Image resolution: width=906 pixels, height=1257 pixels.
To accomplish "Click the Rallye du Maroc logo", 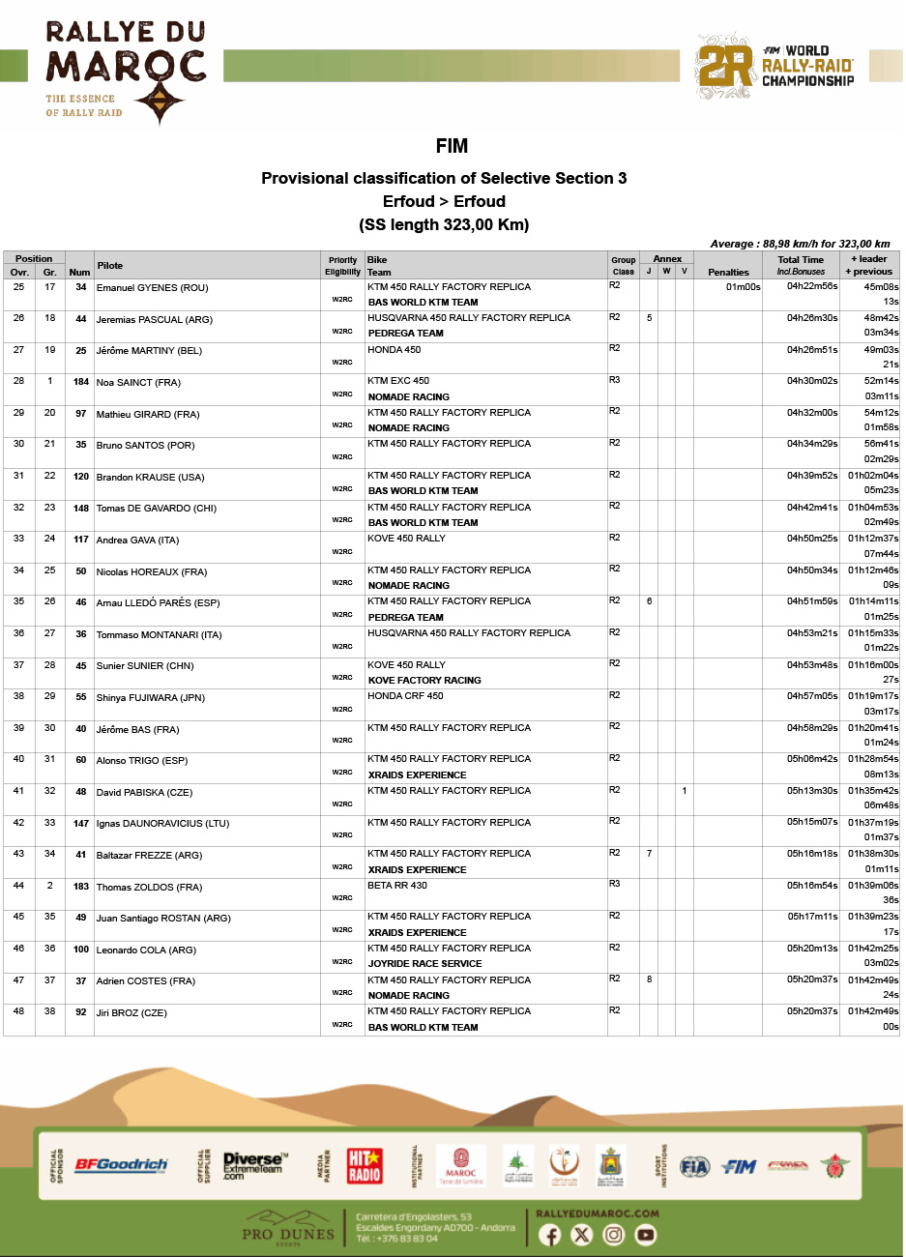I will point(126,73).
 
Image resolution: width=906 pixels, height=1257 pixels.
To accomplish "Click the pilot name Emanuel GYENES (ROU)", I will point(152,288).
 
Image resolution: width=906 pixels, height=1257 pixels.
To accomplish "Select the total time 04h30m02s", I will point(812,381).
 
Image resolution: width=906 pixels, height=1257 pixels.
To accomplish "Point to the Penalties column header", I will point(728,272).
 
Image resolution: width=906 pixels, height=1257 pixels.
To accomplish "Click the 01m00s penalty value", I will point(744,287).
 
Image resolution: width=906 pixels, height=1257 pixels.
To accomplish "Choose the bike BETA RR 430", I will point(397,886).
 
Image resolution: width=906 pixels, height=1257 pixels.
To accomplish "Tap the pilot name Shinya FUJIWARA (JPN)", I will point(150,698).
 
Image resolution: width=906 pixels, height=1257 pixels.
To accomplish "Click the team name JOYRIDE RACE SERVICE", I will point(424,964).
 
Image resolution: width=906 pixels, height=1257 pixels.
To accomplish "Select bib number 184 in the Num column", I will point(80,382).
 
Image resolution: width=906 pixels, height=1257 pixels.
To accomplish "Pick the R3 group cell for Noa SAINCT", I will point(615,380).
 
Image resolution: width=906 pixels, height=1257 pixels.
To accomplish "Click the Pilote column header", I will point(110,265).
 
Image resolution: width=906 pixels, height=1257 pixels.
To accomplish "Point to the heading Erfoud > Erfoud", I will point(444,201).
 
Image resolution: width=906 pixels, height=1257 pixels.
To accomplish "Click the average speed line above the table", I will point(800,244).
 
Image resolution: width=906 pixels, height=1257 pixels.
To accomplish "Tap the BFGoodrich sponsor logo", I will point(121,1165).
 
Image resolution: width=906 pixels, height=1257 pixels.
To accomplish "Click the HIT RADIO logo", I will point(365,1165).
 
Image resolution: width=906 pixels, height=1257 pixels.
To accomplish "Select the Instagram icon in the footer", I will point(613,1235).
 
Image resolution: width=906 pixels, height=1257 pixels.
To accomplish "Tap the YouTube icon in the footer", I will point(645,1235).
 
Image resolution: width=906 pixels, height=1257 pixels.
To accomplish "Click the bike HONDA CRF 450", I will point(405,696).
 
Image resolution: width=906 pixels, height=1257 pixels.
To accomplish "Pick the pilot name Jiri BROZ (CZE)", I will point(132,1013).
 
